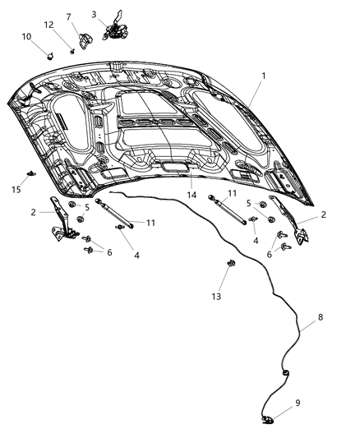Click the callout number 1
pos(263,76)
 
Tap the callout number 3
pos(94,14)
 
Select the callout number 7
pos(68,16)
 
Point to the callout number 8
pos(321,316)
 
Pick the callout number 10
pos(26,36)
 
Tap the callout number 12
pos(49,25)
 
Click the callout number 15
pos(16,191)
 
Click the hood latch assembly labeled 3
pos(115,29)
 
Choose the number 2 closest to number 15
pos(34,212)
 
